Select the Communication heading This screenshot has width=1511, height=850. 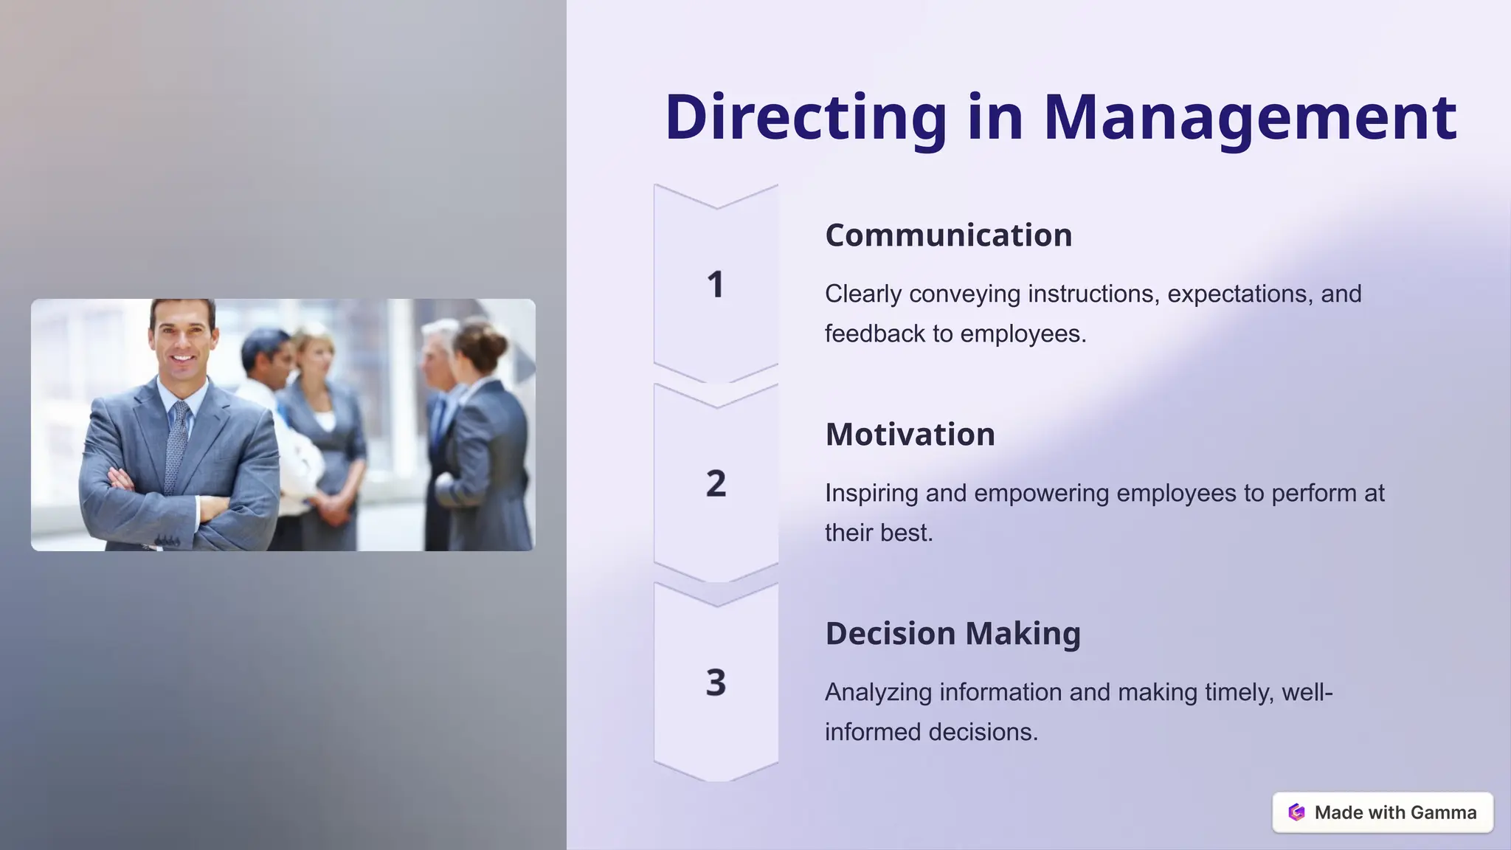[x=948, y=235]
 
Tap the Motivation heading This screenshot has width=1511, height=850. [x=910, y=435]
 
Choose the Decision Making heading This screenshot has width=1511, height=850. [x=952, y=634]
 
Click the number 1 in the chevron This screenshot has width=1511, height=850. [x=716, y=285]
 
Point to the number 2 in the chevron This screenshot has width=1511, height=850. [x=716, y=484]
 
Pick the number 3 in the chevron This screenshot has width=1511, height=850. [x=716, y=683]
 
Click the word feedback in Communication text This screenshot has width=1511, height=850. [x=875, y=334]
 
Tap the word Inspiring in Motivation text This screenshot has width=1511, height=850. [x=871, y=493]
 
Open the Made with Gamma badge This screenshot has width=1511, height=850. [x=1383, y=812]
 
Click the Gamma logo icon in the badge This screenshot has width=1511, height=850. [x=1296, y=812]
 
